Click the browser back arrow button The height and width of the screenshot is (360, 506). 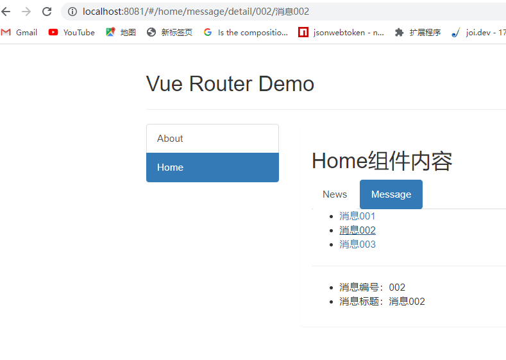(x=6, y=12)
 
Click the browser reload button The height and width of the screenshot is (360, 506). (x=47, y=12)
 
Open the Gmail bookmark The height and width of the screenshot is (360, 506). (x=20, y=32)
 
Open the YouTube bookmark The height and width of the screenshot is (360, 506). (x=72, y=32)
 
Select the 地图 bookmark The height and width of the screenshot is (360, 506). (x=121, y=32)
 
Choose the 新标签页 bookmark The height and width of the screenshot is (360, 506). (x=170, y=32)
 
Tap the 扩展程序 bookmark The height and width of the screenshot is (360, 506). (x=418, y=32)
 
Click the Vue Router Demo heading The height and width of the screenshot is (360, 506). (x=230, y=83)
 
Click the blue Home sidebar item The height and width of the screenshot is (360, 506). (x=212, y=167)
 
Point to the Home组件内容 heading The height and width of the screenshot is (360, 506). (x=382, y=161)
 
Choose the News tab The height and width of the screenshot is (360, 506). (x=335, y=194)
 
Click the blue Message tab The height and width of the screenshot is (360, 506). (x=391, y=194)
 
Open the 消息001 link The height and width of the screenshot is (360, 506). (x=357, y=216)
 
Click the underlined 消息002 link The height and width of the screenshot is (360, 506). (x=357, y=230)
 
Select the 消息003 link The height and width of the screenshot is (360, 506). (x=357, y=244)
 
